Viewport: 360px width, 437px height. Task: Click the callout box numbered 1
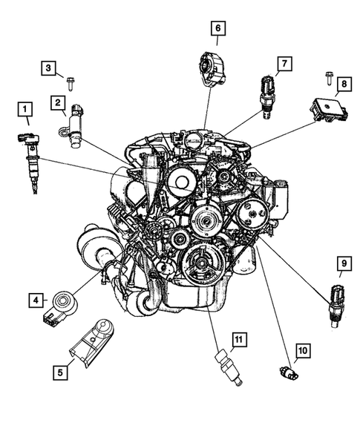25,109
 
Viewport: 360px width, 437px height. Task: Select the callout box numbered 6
218,28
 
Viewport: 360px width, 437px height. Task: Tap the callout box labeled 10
303,351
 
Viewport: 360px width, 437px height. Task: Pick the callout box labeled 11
239,340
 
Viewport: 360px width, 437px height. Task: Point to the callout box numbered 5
60,372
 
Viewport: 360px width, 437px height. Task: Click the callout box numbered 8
344,84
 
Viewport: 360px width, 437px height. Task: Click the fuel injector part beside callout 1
30,162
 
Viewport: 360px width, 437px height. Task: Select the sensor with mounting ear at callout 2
73,126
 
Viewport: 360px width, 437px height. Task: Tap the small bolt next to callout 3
71,84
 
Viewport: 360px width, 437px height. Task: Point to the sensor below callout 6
213,68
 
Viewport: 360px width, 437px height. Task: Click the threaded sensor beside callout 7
268,96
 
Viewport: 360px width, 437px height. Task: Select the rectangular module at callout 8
329,110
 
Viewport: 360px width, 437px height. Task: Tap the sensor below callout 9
337,306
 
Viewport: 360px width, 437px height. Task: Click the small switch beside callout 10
289,372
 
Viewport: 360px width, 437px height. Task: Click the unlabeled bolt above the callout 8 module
329,79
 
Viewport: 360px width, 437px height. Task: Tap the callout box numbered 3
48,68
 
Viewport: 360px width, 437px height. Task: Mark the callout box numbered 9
344,263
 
